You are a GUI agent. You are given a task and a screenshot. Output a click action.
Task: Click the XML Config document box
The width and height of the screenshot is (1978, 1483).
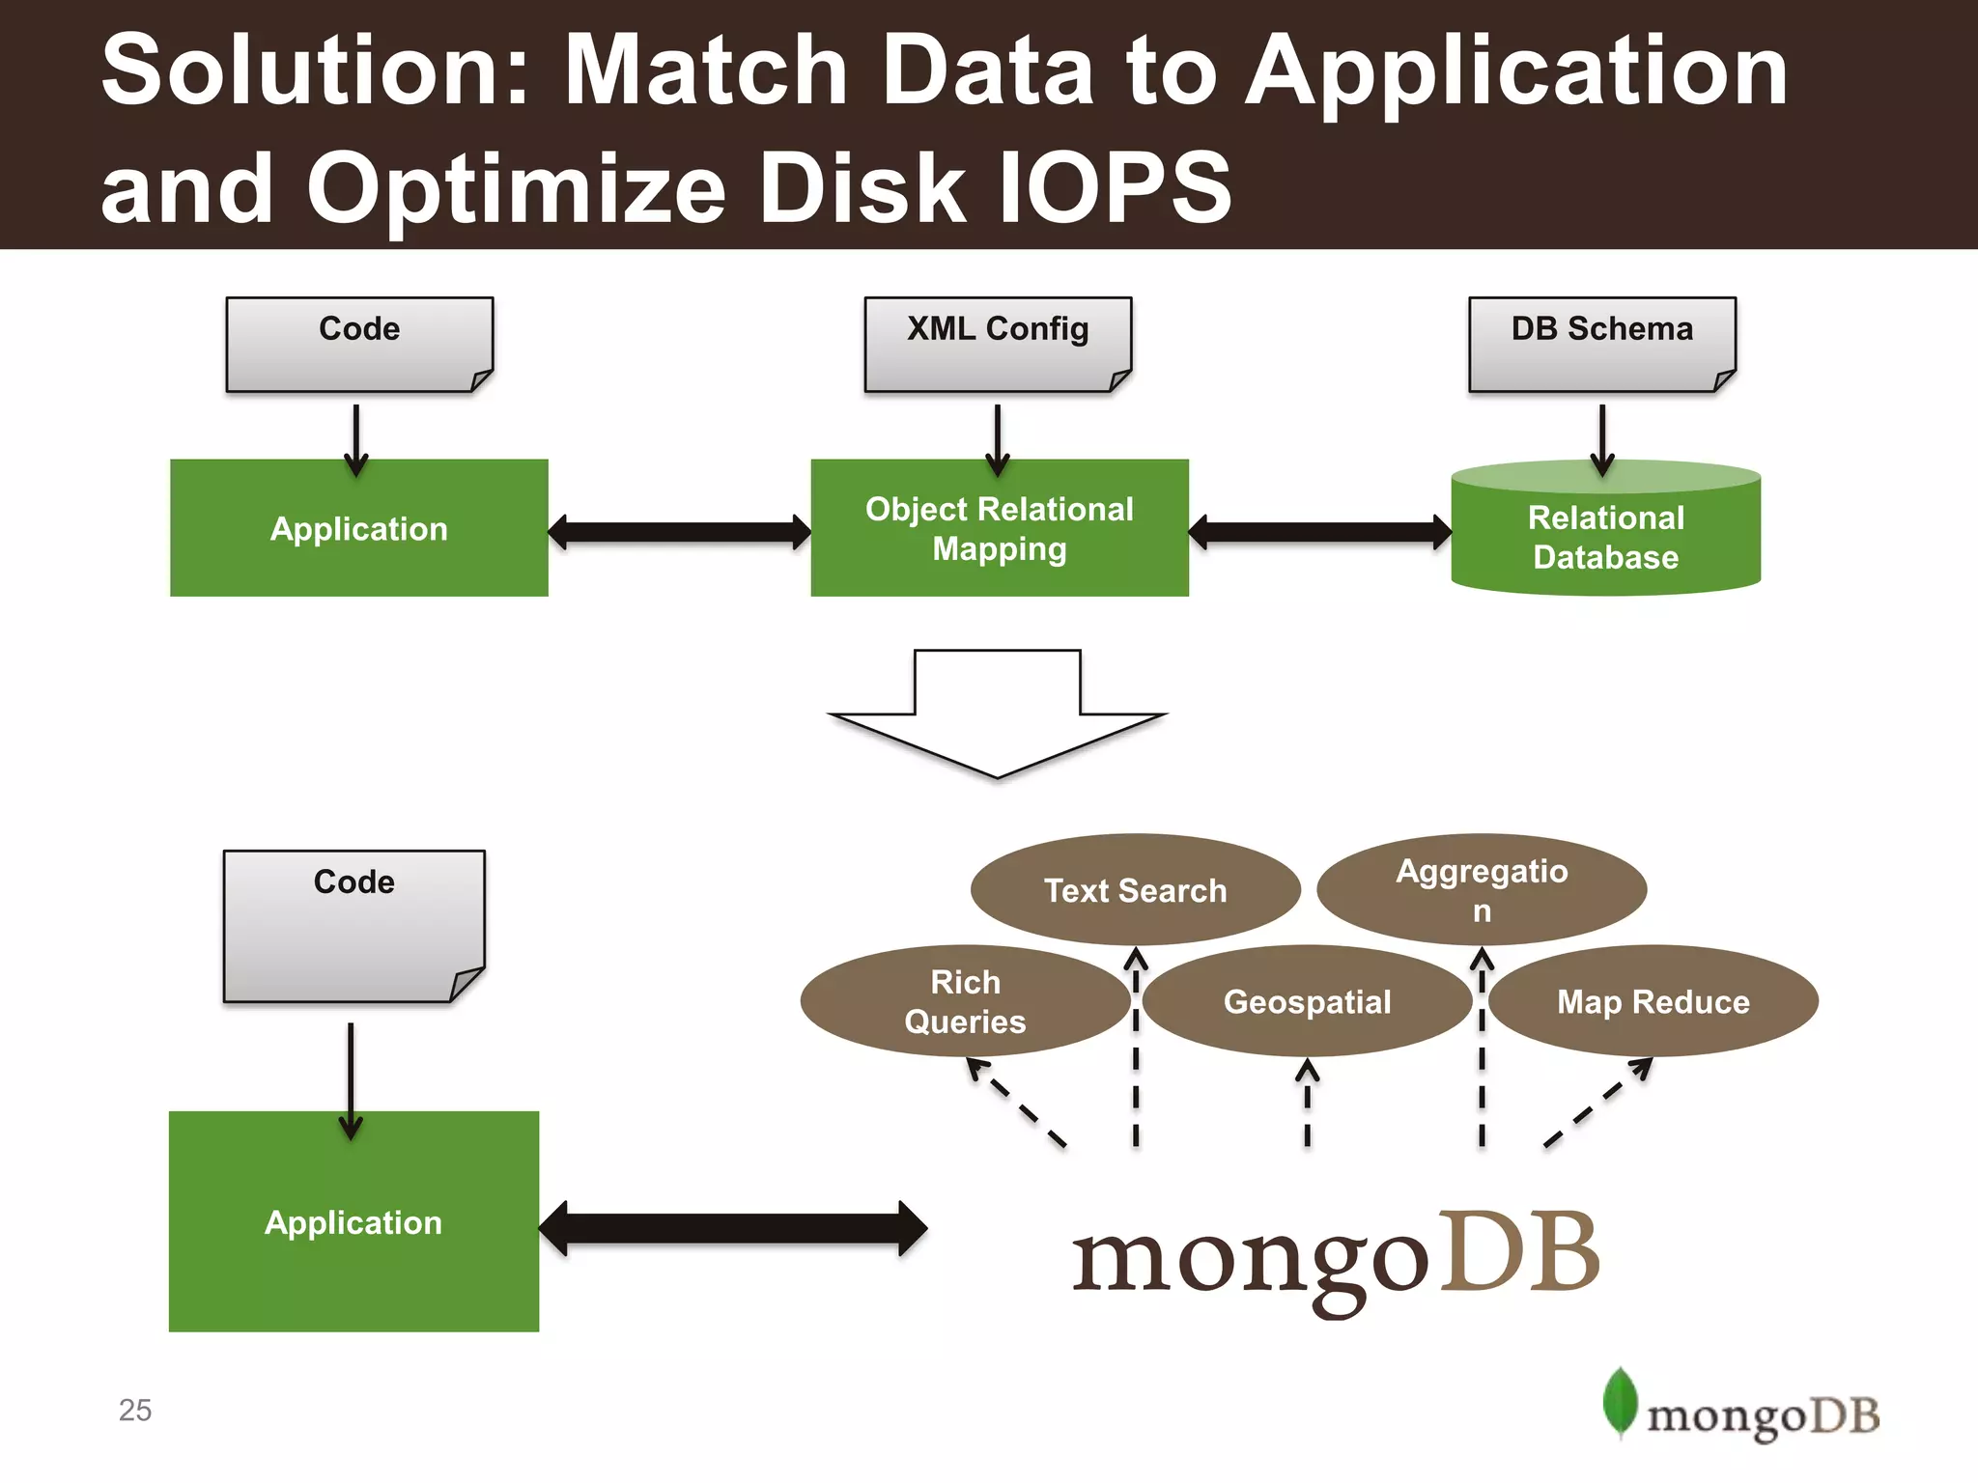(x=998, y=344)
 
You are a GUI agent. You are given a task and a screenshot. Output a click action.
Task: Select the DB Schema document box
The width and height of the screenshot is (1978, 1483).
(x=1601, y=344)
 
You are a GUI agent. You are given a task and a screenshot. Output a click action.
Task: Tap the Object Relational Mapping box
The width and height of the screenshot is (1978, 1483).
(x=1000, y=528)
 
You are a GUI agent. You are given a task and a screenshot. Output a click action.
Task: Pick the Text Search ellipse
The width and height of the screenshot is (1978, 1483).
(x=1135, y=889)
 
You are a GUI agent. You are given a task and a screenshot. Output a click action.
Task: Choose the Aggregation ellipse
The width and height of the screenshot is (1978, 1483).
(x=1482, y=889)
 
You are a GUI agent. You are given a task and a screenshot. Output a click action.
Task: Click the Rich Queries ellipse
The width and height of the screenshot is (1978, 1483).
(x=965, y=1001)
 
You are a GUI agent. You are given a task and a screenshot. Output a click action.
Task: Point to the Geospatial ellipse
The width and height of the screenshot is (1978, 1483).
(x=1307, y=1001)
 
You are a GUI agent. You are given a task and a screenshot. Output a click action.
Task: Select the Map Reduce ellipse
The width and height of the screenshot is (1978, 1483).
(x=1653, y=1001)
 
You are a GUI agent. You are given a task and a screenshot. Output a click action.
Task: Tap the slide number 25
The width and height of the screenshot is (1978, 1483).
(x=135, y=1410)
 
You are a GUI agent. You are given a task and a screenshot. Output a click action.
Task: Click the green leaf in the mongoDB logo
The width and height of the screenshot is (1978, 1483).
(x=1620, y=1401)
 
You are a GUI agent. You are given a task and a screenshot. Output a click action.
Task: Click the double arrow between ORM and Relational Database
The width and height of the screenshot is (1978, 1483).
(x=1319, y=532)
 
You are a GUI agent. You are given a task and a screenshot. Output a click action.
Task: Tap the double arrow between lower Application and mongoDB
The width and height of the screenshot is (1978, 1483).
(x=732, y=1228)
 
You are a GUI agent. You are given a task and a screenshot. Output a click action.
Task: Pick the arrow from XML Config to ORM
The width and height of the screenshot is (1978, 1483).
(x=997, y=439)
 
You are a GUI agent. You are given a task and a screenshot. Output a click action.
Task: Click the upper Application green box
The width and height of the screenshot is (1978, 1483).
(x=358, y=528)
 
